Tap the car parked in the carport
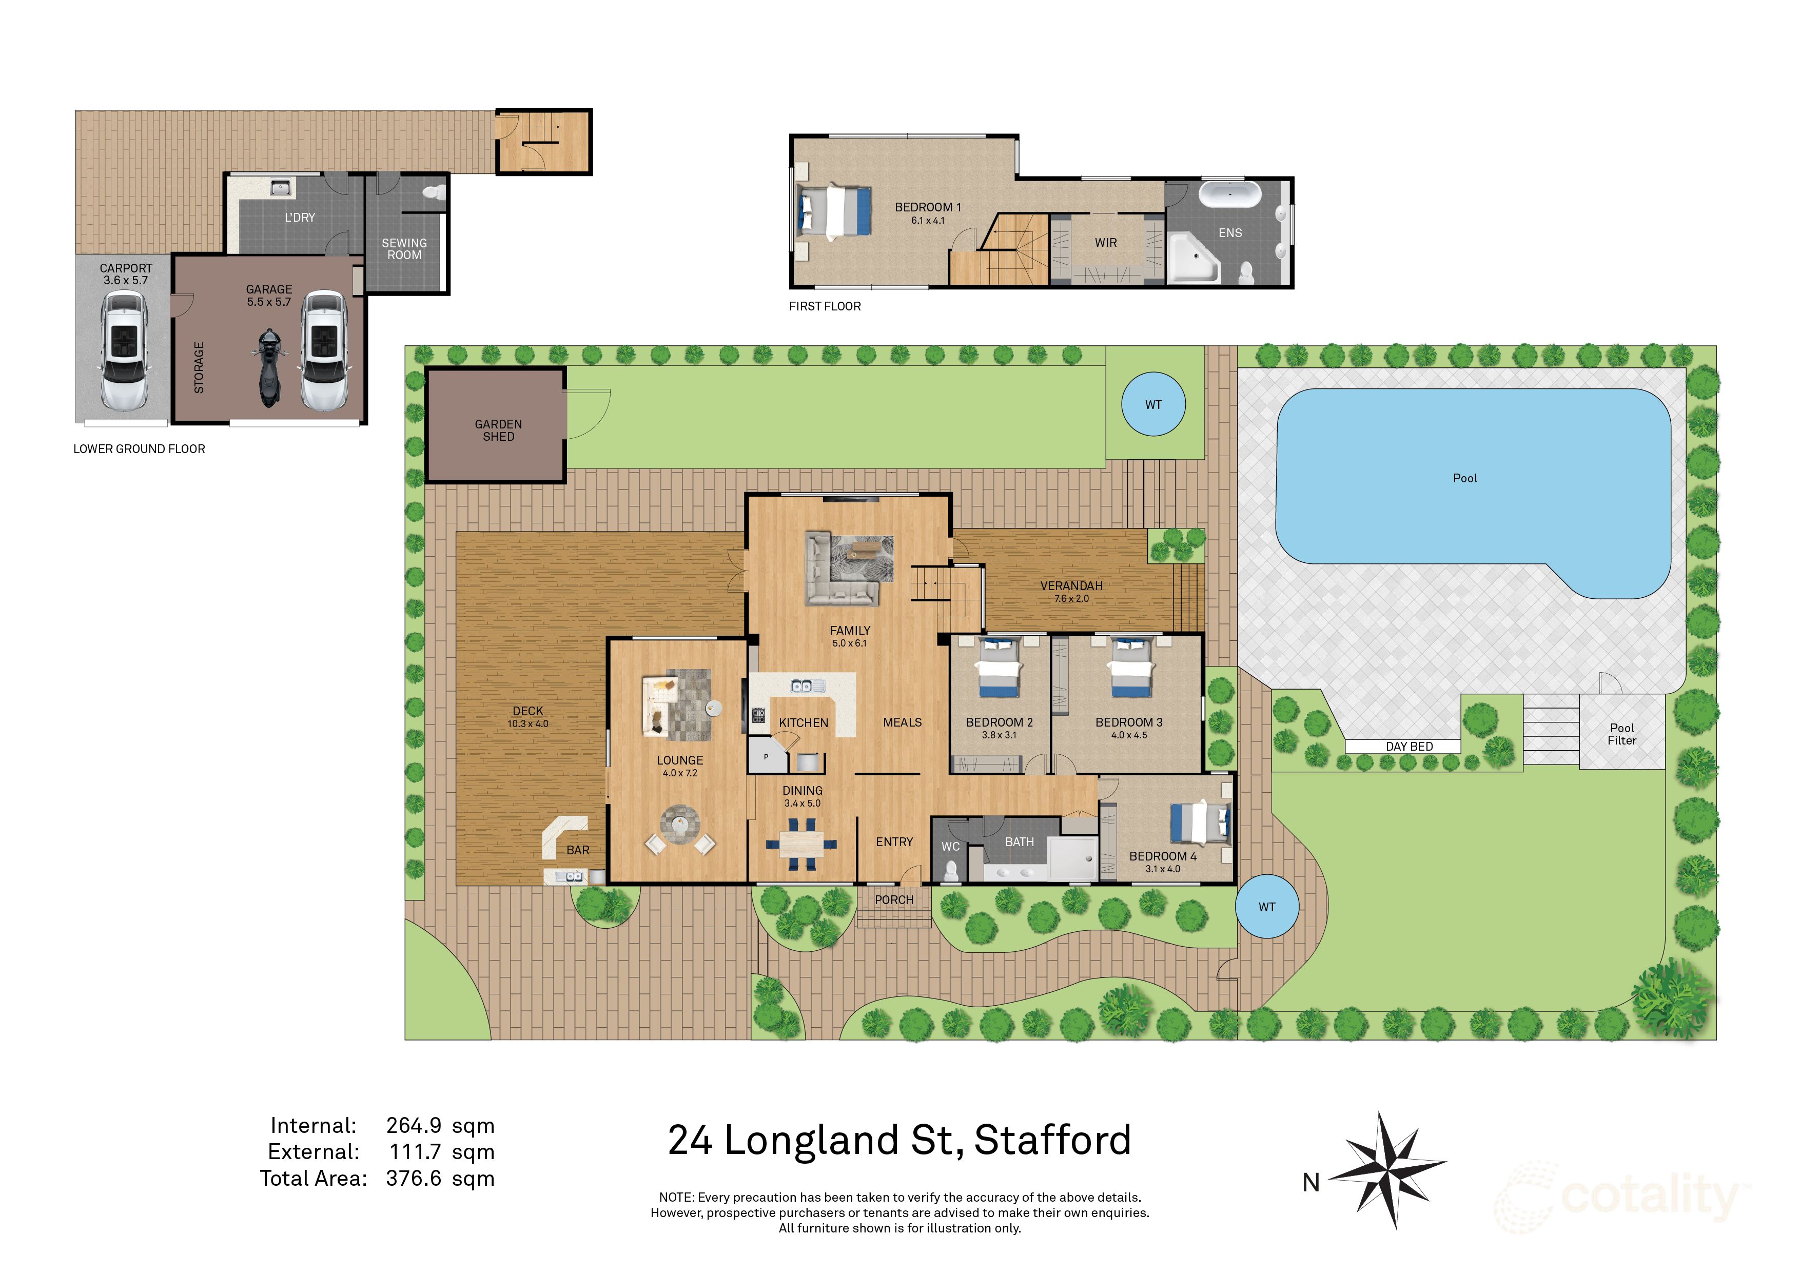(x=124, y=350)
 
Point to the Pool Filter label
(x=1621, y=734)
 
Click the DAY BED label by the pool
(x=1409, y=746)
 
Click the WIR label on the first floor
(x=1105, y=243)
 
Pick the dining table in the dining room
(x=801, y=844)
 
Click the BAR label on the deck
(x=578, y=850)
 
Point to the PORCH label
(x=894, y=900)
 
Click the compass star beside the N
(x=1389, y=1168)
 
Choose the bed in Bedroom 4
(x=1200, y=824)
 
